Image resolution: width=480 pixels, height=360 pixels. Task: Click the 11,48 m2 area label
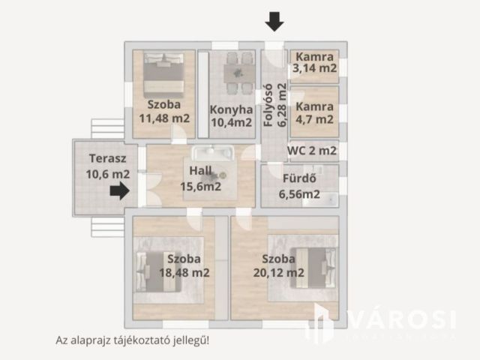click(164, 118)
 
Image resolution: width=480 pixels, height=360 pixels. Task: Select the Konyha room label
click(231, 108)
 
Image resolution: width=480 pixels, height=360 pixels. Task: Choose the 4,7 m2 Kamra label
click(315, 112)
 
